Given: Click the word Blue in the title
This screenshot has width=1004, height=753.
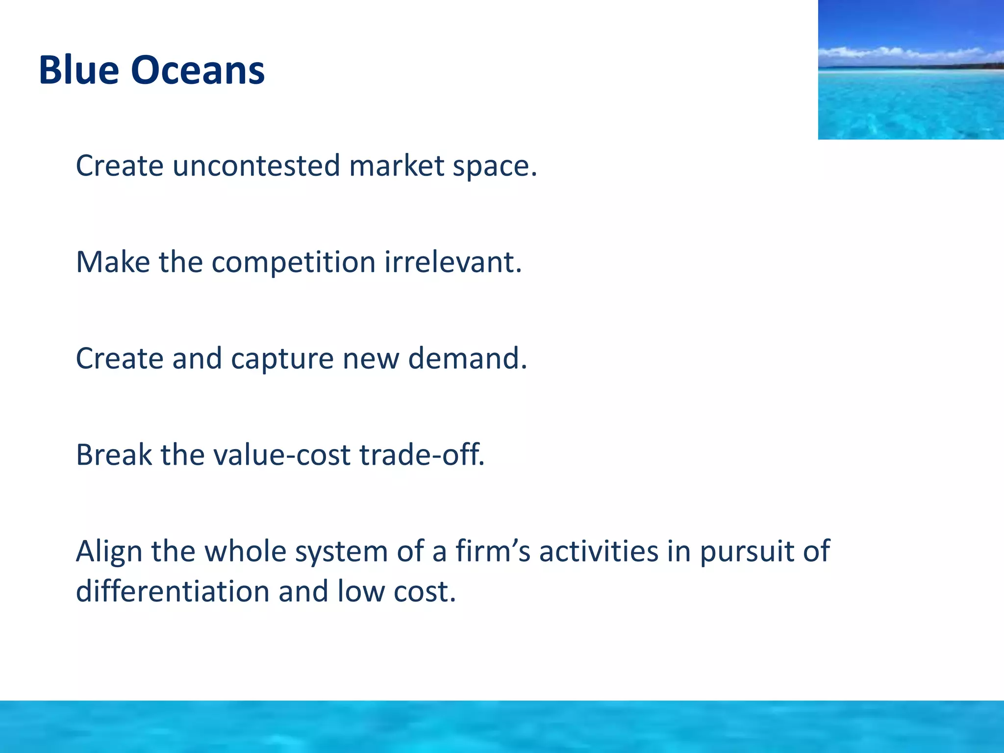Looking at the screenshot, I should pos(78,71).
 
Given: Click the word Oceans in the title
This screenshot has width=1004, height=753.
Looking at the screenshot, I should pos(198,71).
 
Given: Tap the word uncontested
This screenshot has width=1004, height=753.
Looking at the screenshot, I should pos(256,166).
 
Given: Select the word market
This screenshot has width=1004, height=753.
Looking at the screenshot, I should pos(397,166).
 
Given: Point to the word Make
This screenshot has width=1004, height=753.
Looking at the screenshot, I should pos(113,262).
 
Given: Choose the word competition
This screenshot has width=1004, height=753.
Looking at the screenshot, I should pos(293,263).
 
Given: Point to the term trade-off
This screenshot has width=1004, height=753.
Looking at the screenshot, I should pos(422,455).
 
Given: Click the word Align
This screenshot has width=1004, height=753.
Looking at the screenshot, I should pos(108,551).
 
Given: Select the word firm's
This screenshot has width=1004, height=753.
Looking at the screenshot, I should pos(493,551).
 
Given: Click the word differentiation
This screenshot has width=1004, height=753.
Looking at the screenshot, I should pos(173,591).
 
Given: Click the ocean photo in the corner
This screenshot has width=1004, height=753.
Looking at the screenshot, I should pos(910,98).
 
